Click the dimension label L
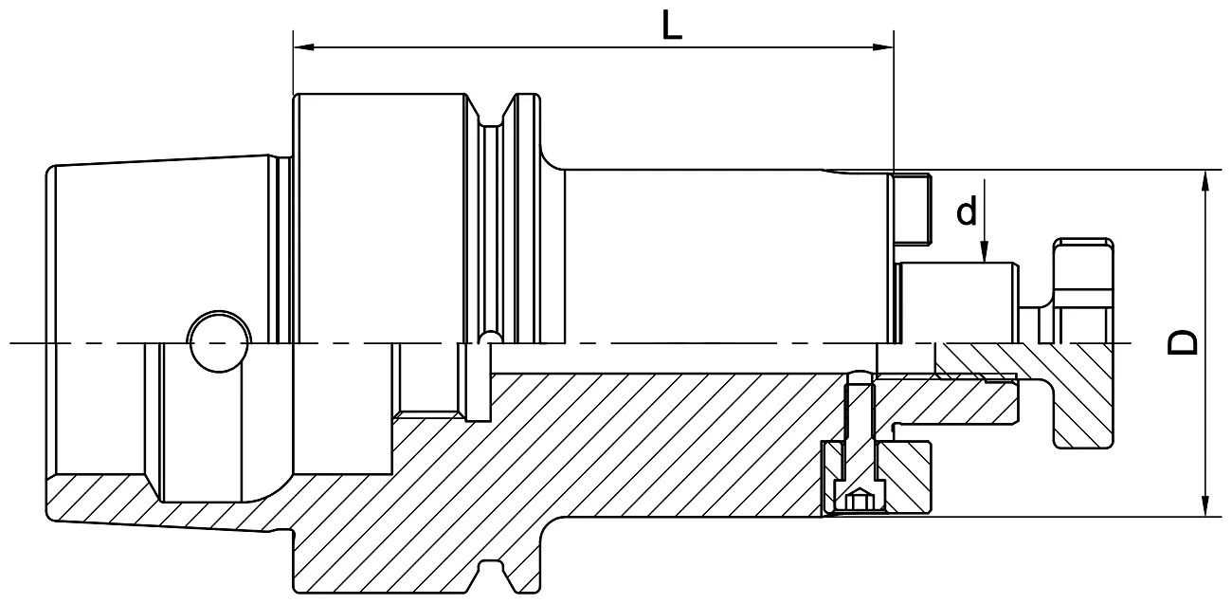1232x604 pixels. tap(672, 26)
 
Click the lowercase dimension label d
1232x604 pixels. tap(967, 210)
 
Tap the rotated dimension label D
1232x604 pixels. tap(1183, 342)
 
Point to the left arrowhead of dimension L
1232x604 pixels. tap(303, 47)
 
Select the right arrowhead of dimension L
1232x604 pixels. tap(883, 47)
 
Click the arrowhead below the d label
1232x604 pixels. tap(985, 252)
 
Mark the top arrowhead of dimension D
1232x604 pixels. tap(1205, 180)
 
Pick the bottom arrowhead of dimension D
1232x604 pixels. tap(1205, 506)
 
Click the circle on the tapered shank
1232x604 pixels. tap(219, 341)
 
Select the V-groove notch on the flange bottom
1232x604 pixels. tap(491, 575)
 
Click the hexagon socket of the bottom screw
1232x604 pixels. tap(860, 501)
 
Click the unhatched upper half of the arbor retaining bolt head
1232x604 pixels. tap(1083, 290)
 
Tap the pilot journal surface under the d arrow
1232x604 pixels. tap(957, 302)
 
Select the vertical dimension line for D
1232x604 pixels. tap(1205, 343)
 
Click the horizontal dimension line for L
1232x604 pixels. tap(593, 47)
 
